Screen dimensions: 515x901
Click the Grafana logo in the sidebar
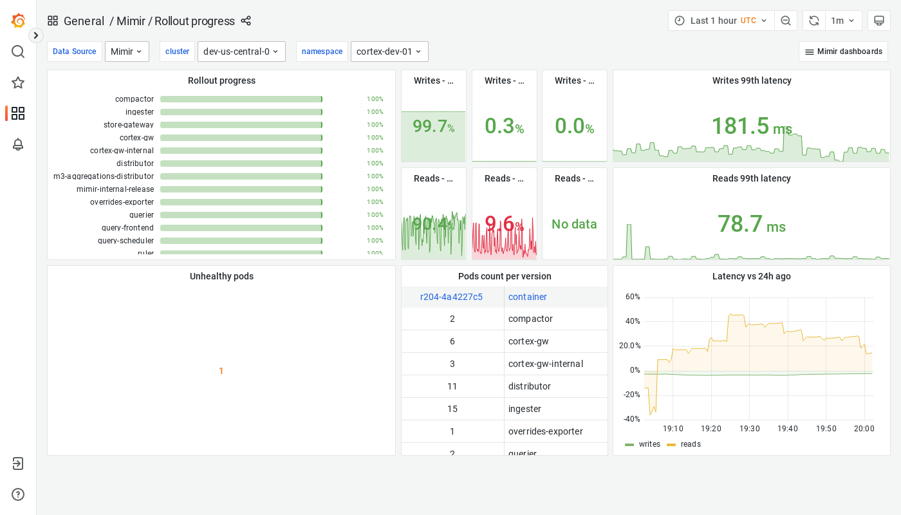tap(18, 21)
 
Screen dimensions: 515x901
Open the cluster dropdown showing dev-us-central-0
tap(241, 51)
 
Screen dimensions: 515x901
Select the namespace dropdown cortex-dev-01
tap(389, 51)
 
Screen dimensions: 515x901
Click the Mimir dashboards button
tap(843, 51)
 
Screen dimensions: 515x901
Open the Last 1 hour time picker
tap(721, 21)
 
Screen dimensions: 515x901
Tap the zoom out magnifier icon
tap(786, 21)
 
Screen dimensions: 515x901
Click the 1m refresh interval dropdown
tap(843, 21)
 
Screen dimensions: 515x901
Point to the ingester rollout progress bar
tap(241, 112)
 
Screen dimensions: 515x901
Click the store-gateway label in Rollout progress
tap(129, 125)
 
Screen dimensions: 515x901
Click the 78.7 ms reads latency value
tap(751, 224)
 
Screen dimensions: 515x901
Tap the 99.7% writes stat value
tap(433, 126)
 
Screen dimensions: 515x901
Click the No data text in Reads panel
tap(574, 224)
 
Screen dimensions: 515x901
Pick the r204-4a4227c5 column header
tap(451, 297)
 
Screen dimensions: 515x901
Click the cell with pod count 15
tap(452, 409)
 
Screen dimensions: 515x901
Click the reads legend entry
tap(690, 444)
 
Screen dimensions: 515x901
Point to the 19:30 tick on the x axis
tap(749, 429)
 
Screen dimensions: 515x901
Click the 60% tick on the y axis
tap(633, 297)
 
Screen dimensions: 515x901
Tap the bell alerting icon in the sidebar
tap(18, 144)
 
